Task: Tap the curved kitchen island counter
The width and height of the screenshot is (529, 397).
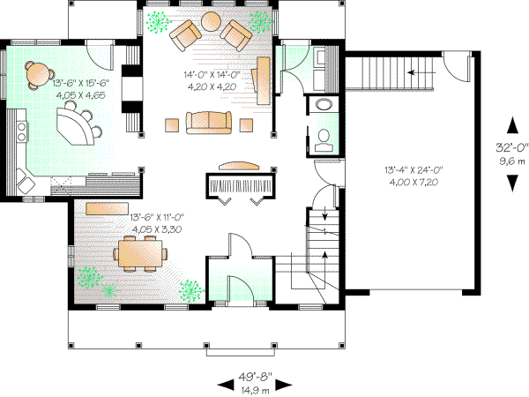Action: pos(79,124)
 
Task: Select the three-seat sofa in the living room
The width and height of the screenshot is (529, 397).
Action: pos(207,122)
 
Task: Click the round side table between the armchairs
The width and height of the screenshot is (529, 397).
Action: pos(212,21)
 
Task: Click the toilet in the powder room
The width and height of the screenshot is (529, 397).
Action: pos(323,138)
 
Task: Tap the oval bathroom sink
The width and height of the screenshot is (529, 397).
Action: pos(323,105)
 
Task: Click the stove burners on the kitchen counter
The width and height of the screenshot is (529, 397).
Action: pos(19,132)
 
